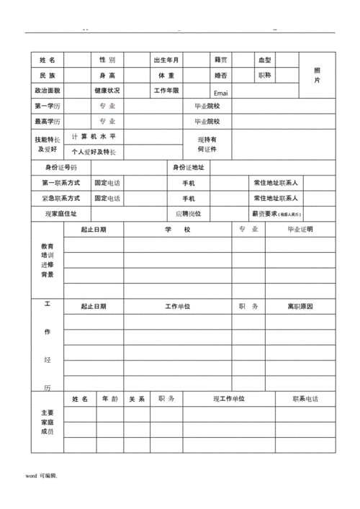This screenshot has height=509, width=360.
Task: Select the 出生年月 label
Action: click(x=166, y=60)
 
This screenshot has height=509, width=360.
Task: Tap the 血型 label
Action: click(x=265, y=60)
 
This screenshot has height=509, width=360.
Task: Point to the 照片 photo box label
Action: click(x=317, y=75)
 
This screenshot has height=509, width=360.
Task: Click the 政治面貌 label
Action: click(x=48, y=91)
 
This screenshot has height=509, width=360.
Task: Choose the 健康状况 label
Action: click(x=107, y=91)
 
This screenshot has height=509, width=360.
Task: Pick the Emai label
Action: click(x=220, y=93)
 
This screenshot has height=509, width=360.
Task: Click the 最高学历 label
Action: click(x=48, y=122)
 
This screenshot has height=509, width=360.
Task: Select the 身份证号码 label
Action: click(x=61, y=168)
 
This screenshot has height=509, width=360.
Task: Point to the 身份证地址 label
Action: click(x=189, y=168)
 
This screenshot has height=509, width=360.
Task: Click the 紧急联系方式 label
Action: click(x=61, y=198)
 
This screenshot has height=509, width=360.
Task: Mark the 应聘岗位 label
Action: click(x=189, y=214)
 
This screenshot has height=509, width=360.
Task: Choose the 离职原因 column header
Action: click(x=300, y=307)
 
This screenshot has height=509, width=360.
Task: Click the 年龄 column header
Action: click(x=109, y=399)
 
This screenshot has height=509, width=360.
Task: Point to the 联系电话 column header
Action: click(x=305, y=399)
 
